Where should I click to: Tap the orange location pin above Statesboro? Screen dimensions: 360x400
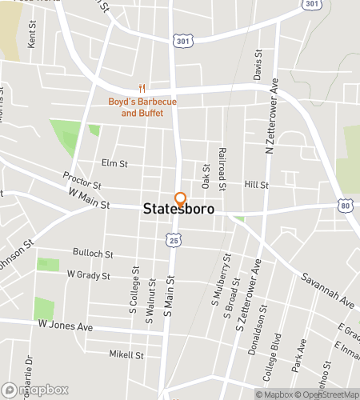coord(180,199)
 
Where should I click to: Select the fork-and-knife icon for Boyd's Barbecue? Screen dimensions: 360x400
coord(142,89)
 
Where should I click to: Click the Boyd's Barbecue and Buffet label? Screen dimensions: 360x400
coord(142,107)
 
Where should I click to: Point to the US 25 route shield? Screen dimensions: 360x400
coord(173,239)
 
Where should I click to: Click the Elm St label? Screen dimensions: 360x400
coord(114,163)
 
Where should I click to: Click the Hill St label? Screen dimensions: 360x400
coord(256,184)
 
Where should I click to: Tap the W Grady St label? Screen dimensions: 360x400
coord(87,274)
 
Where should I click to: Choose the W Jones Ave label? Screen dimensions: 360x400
coord(66,327)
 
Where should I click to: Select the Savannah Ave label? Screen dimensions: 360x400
coord(326,291)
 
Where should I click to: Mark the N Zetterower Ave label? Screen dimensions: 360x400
coord(272,116)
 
